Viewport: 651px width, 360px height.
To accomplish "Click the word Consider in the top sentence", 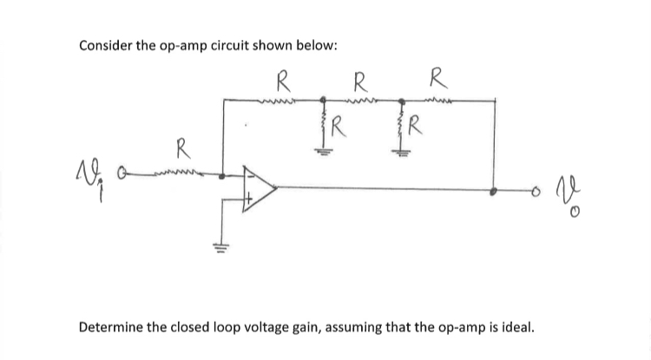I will point(107,45).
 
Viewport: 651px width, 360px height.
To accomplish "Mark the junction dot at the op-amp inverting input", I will point(225,176).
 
